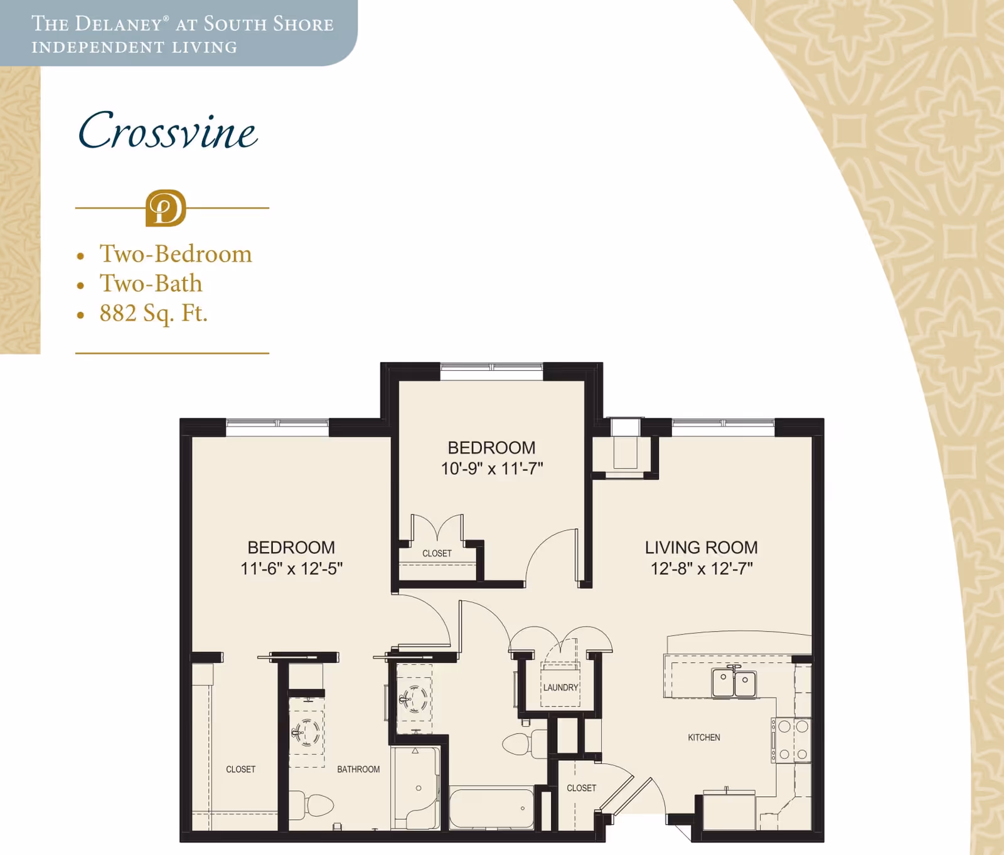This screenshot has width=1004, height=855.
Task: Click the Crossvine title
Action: [168, 132]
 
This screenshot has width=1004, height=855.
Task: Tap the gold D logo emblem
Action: [166, 208]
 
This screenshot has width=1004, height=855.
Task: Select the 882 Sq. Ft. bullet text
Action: [153, 313]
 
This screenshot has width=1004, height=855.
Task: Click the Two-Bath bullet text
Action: [151, 284]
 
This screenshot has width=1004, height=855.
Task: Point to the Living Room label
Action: [701, 548]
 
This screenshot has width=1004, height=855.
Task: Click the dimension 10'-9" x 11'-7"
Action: [491, 469]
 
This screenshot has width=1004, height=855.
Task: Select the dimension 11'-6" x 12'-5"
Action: [291, 568]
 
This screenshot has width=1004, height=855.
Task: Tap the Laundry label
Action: [560, 688]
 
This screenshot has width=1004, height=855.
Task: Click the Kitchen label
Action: [703, 738]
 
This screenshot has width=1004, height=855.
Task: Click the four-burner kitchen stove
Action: [792, 740]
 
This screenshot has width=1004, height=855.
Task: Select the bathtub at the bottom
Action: [491, 809]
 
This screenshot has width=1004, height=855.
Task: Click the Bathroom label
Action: [358, 770]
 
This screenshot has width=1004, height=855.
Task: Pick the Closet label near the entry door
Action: [581, 789]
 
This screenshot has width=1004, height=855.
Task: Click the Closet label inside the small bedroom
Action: [437, 553]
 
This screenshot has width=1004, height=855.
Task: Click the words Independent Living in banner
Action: [134, 48]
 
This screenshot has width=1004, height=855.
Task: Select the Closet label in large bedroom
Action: [240, 770]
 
